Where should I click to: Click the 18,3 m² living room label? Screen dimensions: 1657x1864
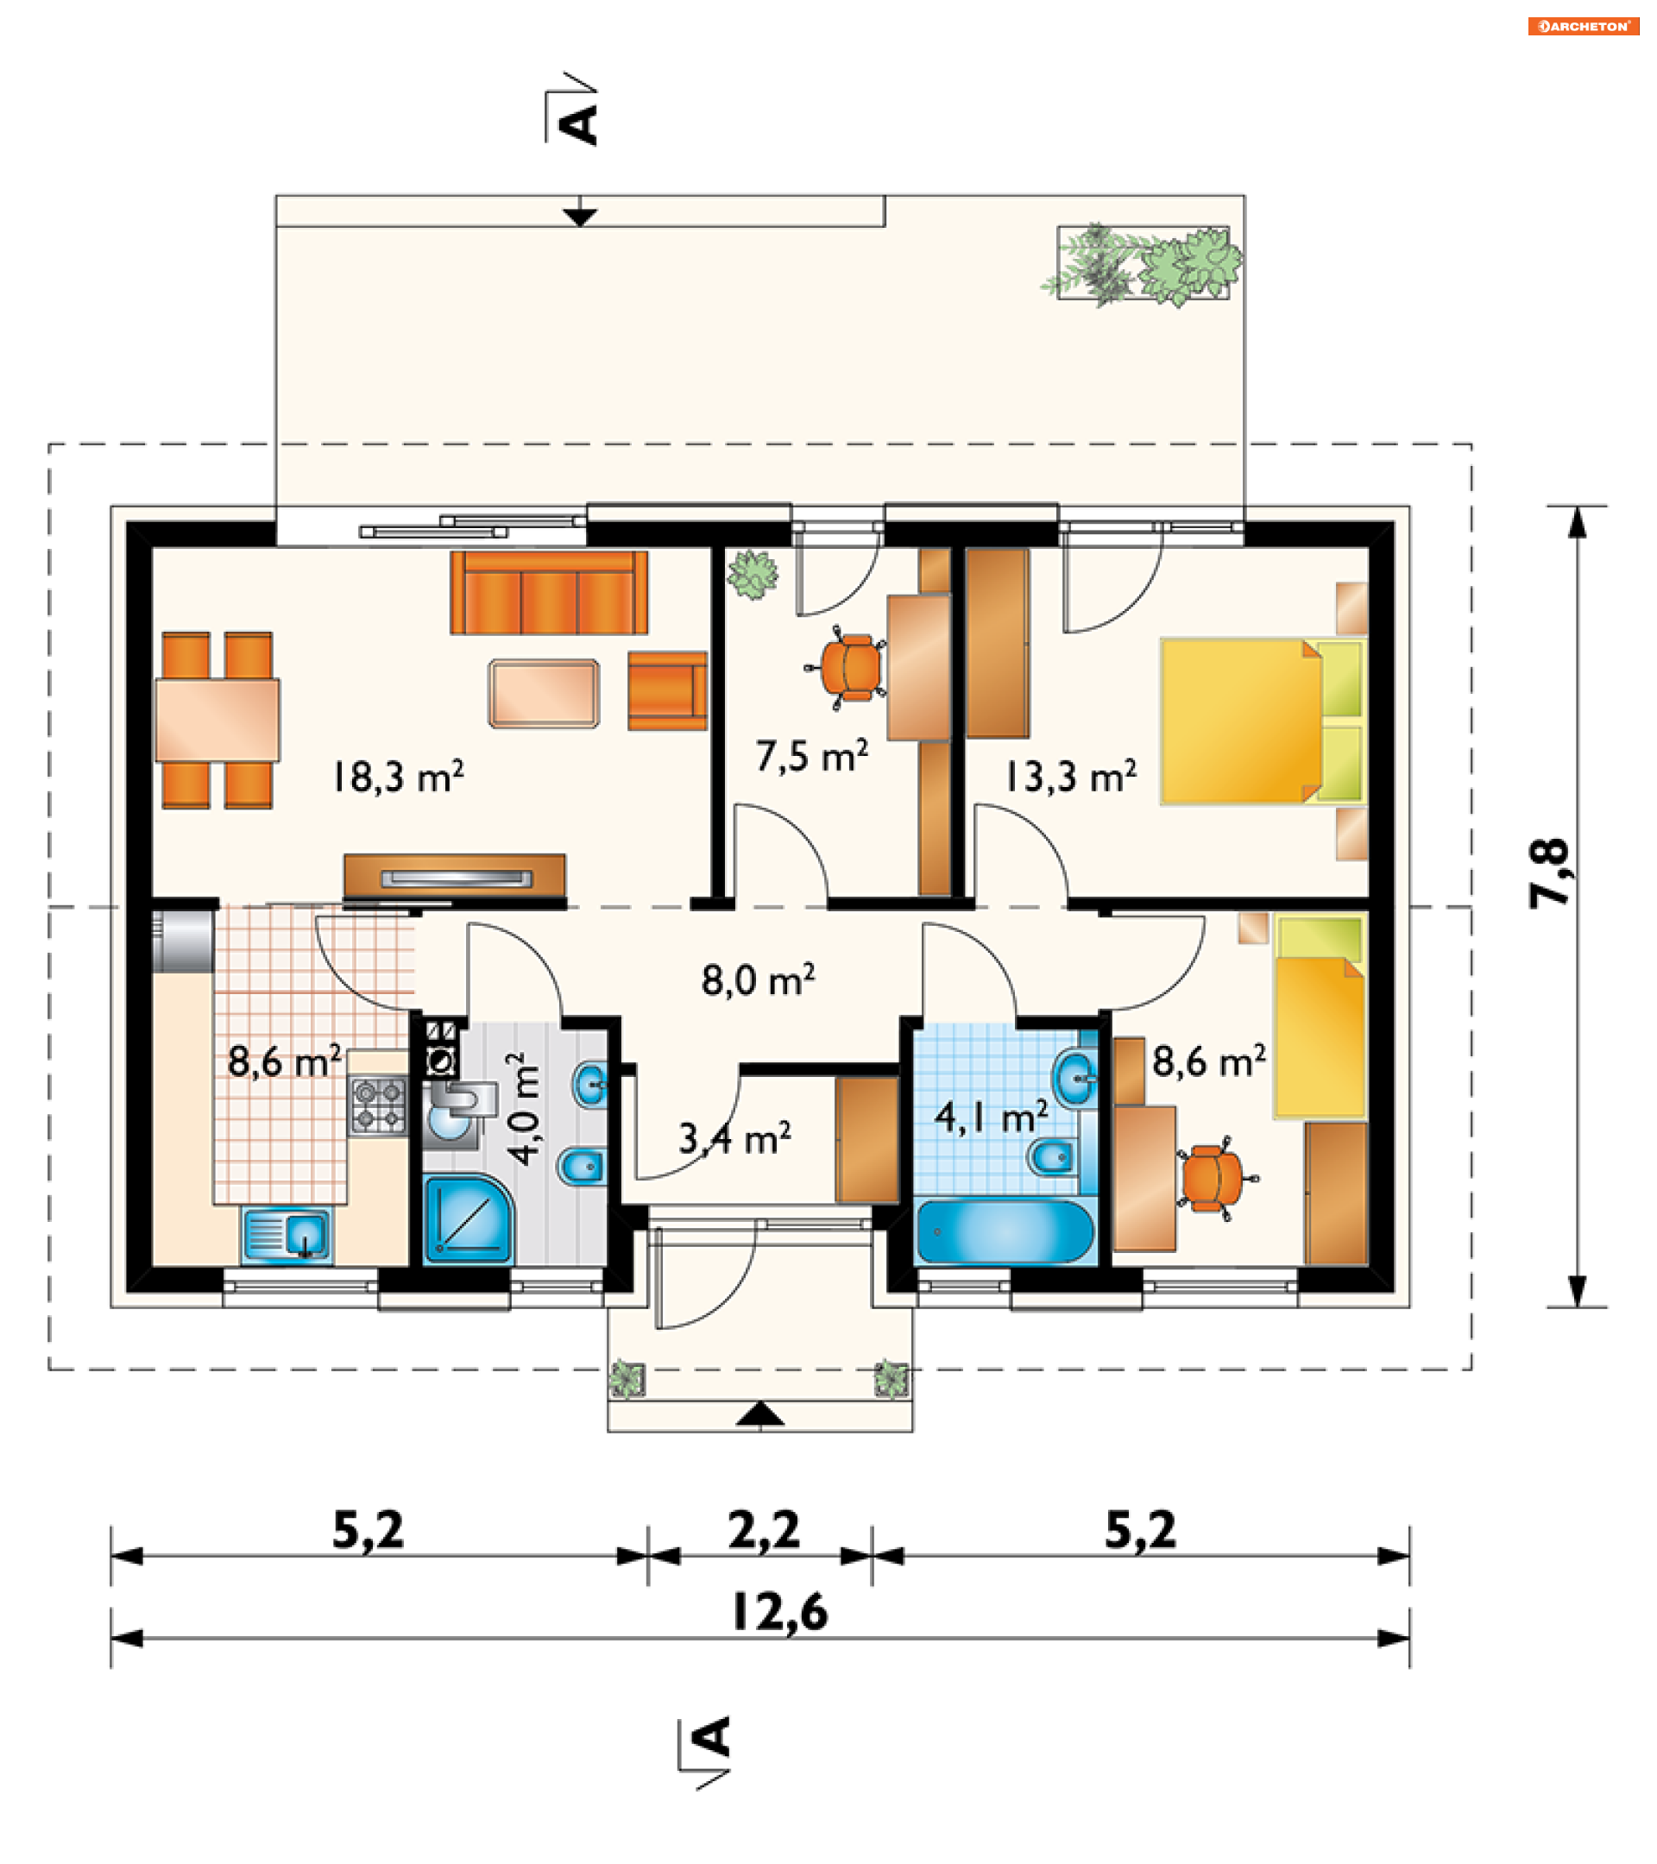398,776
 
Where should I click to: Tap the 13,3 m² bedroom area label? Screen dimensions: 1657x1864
1071,776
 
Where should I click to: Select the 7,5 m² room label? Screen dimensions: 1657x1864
811,756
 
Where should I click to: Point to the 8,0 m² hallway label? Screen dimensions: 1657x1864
758,980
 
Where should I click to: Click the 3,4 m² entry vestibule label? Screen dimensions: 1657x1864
734,1139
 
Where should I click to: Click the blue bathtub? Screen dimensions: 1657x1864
1004,1232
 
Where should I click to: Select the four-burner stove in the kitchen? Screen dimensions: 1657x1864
377,1105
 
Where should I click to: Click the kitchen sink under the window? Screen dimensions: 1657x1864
287,1237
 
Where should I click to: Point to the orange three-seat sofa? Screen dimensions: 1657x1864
549,593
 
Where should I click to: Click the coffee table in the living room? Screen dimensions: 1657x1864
544,694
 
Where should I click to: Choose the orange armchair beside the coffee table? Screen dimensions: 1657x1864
667,691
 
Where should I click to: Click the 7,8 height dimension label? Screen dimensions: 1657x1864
1549,872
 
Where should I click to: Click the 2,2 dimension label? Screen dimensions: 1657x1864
765,1530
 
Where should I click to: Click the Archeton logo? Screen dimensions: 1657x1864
1583,27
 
